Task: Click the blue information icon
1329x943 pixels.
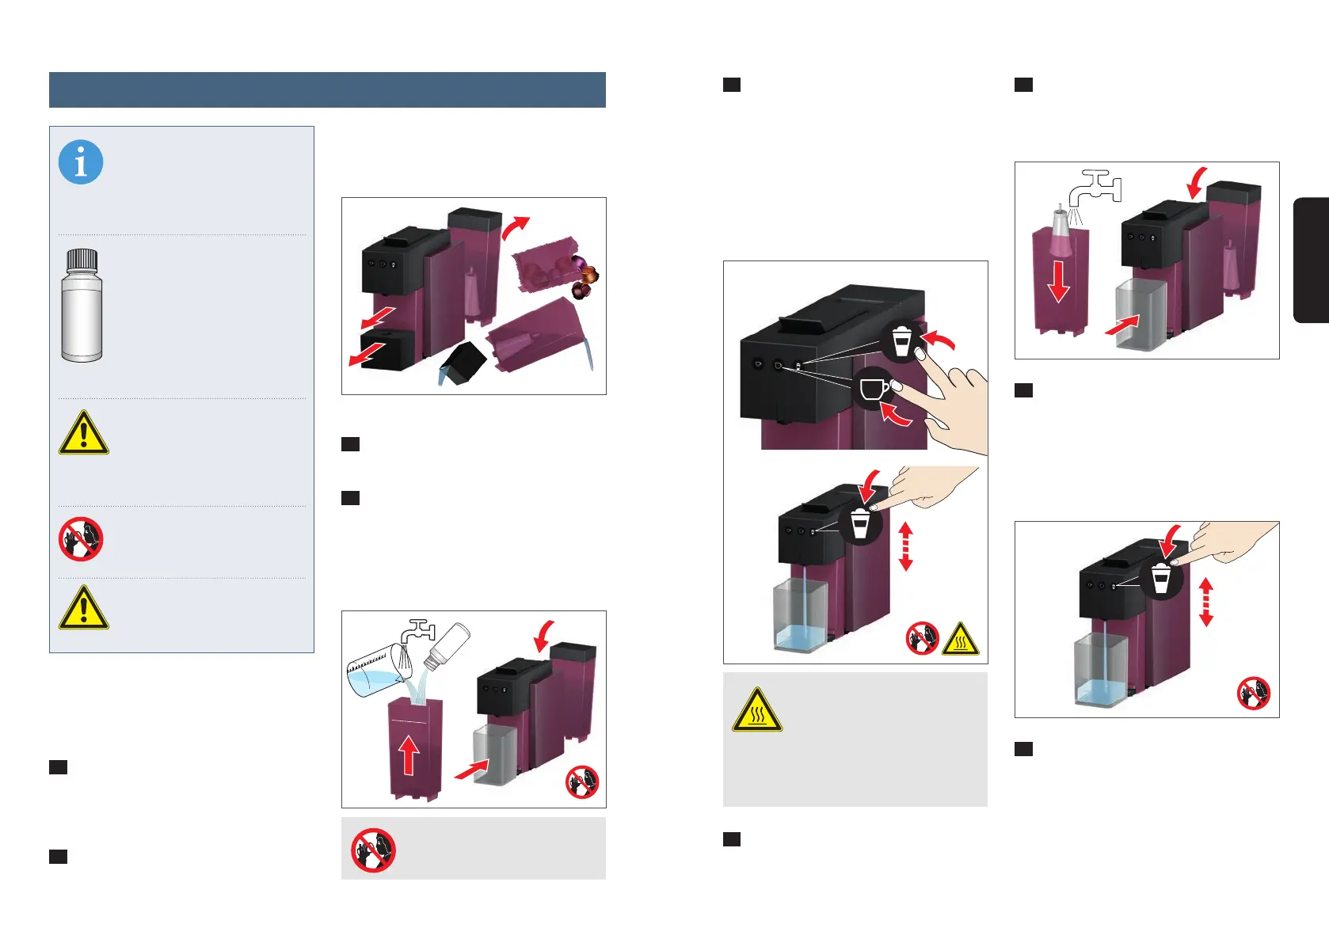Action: click(81, 162)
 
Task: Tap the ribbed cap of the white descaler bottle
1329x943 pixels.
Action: click(82, 259)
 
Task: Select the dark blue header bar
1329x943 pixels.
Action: click(327, 89)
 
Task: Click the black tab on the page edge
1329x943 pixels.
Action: click(1312, 260)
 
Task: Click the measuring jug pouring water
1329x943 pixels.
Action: click(372, 673)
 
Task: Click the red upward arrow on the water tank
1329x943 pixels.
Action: click(408, 755)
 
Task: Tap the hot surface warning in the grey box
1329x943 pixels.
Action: click(757, 709)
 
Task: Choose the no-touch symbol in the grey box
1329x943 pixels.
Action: click(373, 850)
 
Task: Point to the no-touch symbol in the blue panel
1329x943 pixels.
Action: click(81, 539)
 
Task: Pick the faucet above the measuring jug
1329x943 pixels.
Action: click(418, 631)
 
